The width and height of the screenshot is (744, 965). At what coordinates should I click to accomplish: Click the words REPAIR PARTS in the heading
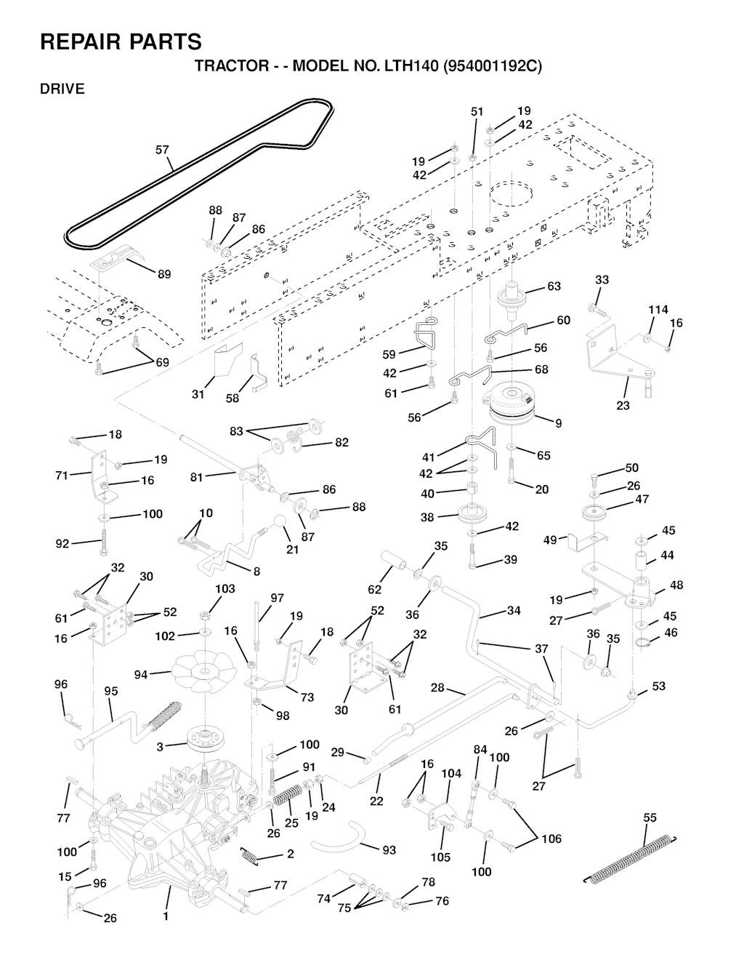(x=121, y=41)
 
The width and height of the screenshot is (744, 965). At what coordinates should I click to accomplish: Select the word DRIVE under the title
(x=62, y=89)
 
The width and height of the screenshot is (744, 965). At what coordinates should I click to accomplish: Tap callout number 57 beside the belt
(x=162, y=150)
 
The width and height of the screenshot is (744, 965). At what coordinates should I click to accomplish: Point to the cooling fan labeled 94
(x=200, y=673)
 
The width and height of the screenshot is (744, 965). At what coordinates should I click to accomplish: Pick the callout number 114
(x=658, y=310)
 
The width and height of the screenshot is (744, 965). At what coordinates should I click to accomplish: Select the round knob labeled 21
(x=280, y=523)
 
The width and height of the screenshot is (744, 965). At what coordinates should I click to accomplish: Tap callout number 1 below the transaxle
(x=165, y=916)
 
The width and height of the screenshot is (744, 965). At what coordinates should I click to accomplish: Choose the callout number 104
(x=451, y=774)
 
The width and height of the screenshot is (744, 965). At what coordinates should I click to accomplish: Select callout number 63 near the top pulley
(x=554, y=287)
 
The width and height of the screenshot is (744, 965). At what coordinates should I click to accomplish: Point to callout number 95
(x=110, y=691)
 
